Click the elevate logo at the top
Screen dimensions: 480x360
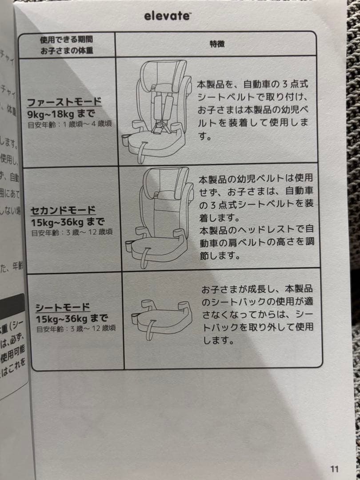[x=167, y=16]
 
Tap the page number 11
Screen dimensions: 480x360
[x=334, y=469]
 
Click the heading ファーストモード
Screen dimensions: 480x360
[x=64, y=102]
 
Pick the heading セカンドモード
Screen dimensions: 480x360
[x=63, y=210]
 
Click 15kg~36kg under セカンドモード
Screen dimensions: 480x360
[x=67, y=221]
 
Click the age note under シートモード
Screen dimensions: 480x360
[x=70, y=329]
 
